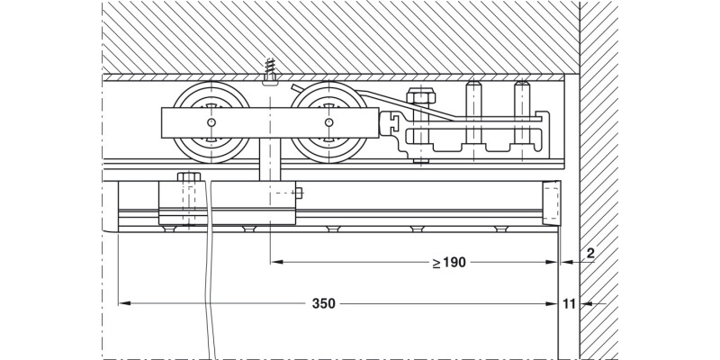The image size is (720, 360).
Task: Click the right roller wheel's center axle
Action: pos(328,122)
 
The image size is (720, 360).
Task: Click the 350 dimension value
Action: pos(324,304)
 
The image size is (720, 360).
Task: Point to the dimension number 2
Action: pos(589,254)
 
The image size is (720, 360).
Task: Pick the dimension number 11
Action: pos(569,304)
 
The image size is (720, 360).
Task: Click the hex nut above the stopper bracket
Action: pos(418,96)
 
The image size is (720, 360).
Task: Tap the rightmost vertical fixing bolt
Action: pos(519,101)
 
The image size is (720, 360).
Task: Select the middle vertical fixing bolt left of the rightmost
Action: pos(471,101)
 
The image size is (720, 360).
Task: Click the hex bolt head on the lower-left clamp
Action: pos(189,176)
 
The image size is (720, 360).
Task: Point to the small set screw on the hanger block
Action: pos(301,191)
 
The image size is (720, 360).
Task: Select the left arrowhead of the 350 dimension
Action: pos(125,304)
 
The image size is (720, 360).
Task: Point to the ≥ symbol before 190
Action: pos(436,263)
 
